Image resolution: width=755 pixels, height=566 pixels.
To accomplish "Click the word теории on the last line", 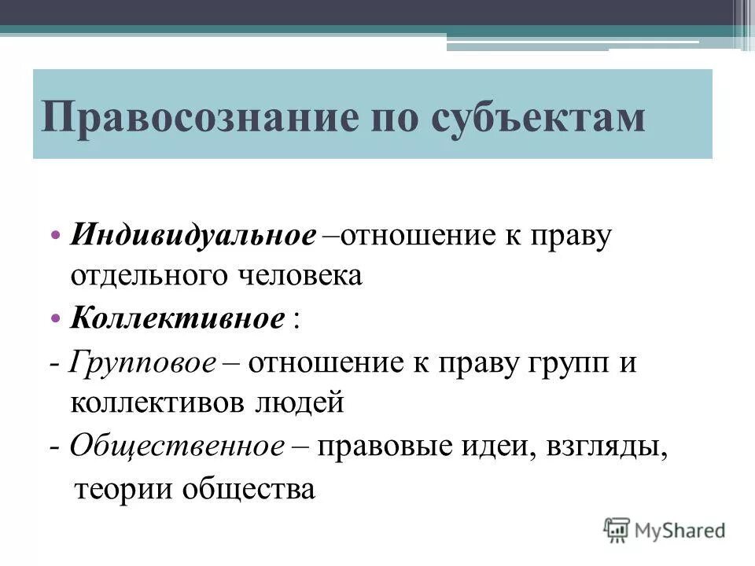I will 123,488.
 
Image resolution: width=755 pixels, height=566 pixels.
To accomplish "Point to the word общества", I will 249,488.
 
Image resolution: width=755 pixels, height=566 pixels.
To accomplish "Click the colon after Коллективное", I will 296,321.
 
